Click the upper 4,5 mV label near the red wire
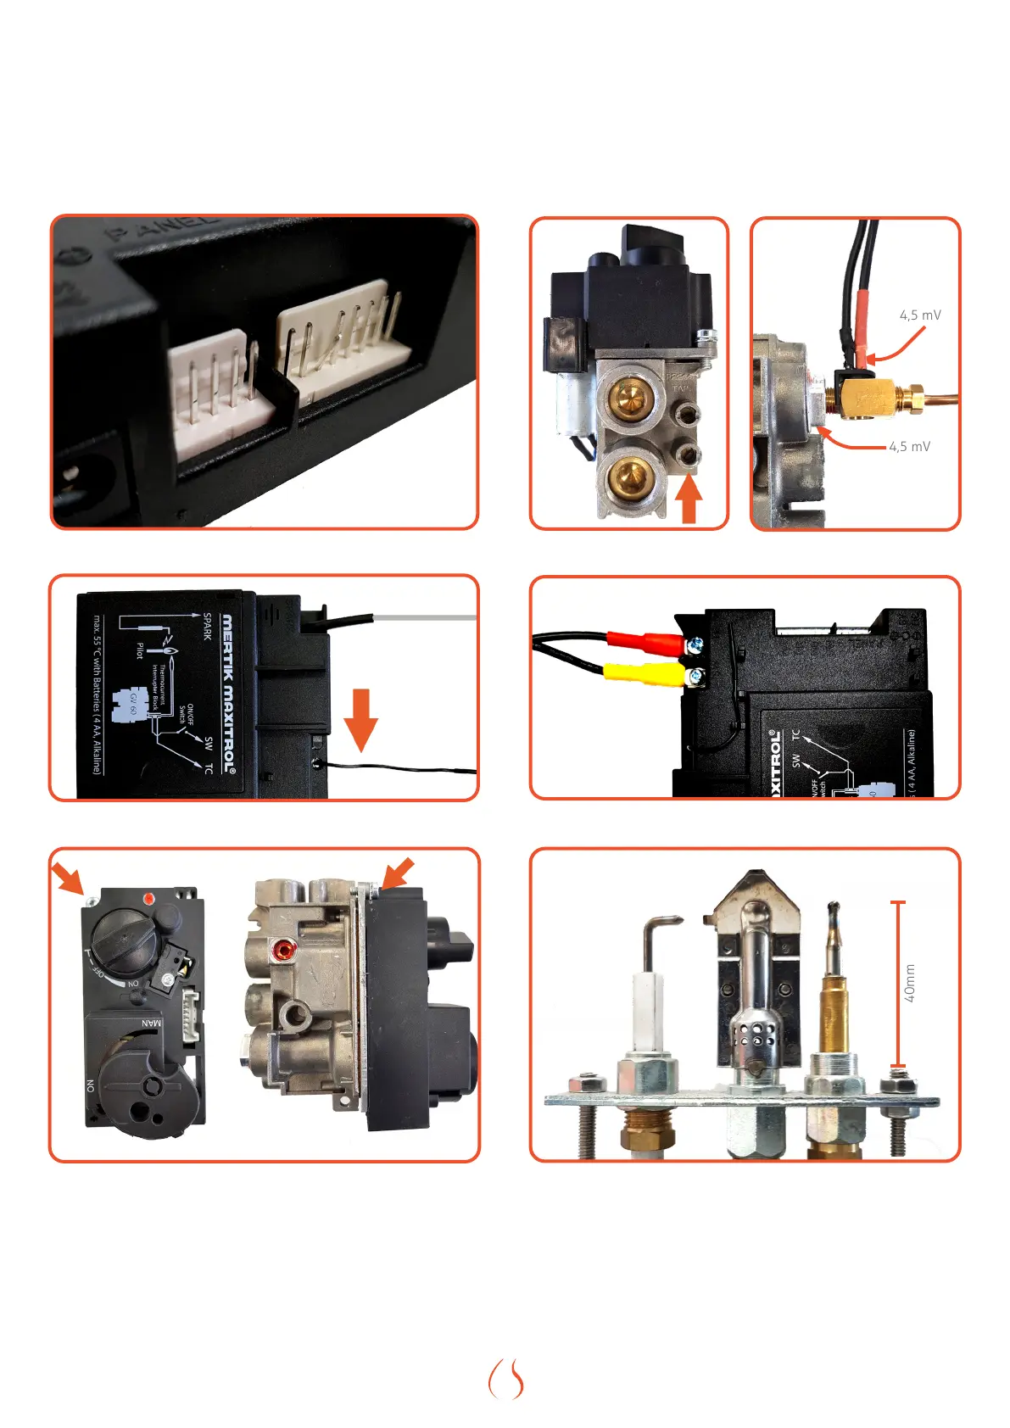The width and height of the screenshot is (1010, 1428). [919, 315]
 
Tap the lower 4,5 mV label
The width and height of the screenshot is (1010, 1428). [909, 447]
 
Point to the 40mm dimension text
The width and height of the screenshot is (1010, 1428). [910, 983]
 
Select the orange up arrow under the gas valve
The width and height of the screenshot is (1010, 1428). [690, 499]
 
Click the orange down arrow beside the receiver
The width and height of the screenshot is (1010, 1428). [361, 718]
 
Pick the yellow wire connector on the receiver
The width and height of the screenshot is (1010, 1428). [645, 674]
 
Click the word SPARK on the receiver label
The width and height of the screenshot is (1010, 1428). [207, 626]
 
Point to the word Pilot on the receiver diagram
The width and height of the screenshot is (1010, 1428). [140, 650]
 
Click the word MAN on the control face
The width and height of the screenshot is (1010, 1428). [150, 1023]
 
